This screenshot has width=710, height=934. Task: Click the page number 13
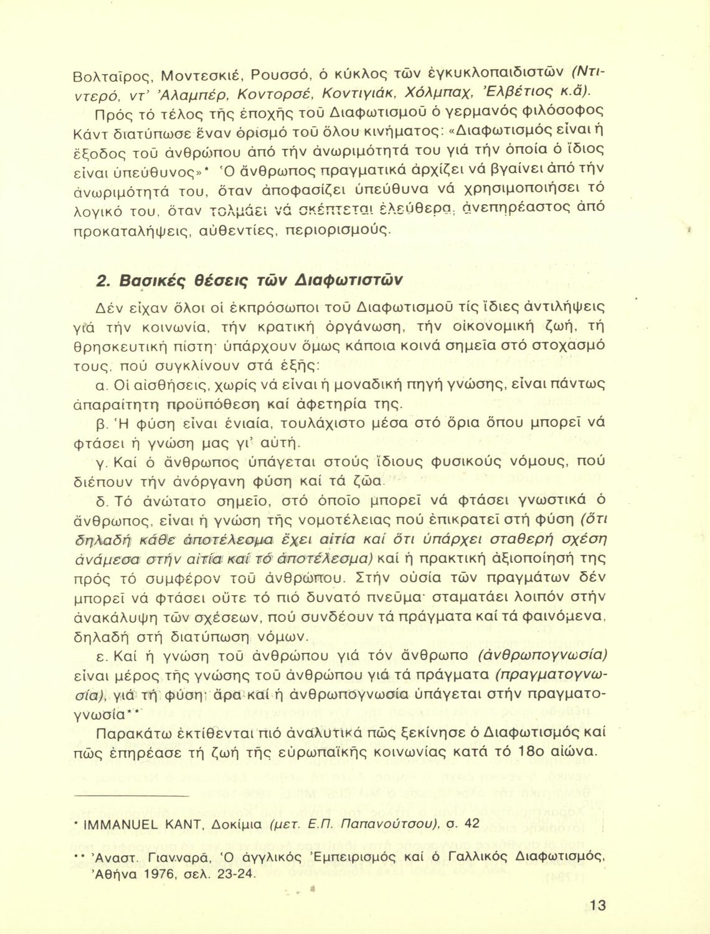[597, 905]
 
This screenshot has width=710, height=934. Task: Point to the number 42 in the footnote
[472, 824]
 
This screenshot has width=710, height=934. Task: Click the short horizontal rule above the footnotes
[130, 796]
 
